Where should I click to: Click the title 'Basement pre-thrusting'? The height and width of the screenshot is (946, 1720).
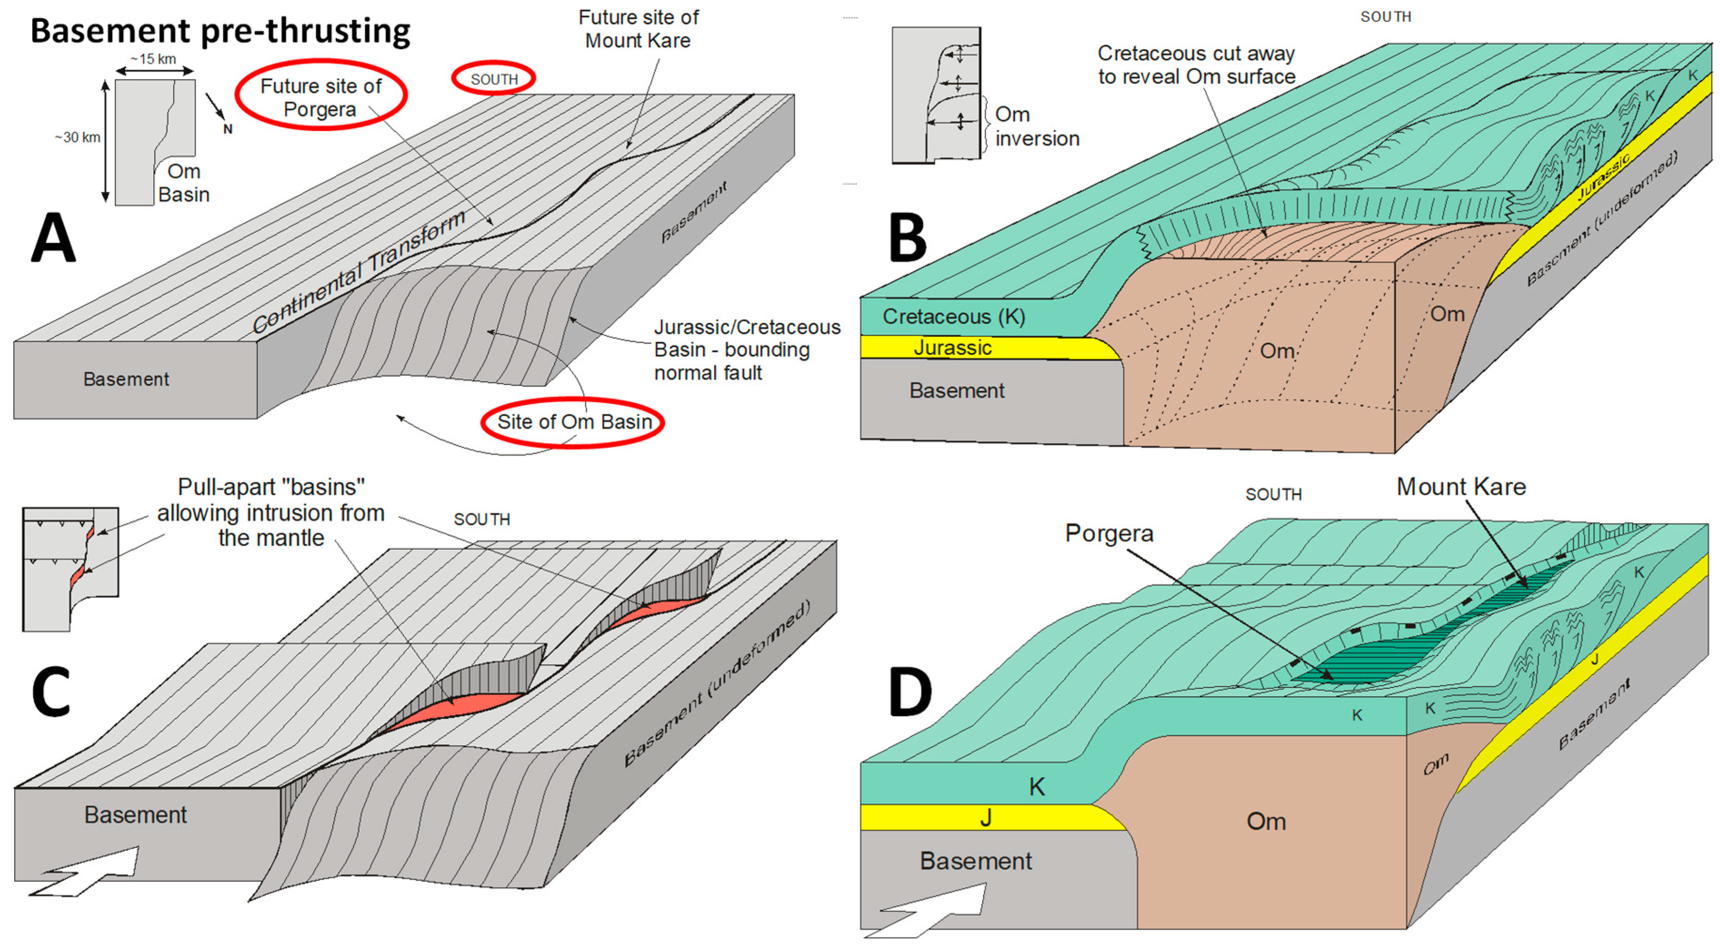(220, 31)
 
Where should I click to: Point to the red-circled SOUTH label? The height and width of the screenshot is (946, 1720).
(494, 79)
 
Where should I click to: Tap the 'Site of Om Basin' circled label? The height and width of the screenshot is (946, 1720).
(573, 422)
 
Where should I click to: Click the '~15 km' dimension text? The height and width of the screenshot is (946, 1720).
(154, 59)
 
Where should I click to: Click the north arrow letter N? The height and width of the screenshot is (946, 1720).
(228, 129)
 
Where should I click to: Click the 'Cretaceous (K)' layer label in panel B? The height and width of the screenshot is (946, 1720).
(953, 316)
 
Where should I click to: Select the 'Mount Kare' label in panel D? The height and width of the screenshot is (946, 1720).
(1461, 487)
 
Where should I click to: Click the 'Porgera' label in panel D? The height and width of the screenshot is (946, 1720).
(1109, 533)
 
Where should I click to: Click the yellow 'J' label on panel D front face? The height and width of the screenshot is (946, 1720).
(986, 818)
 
